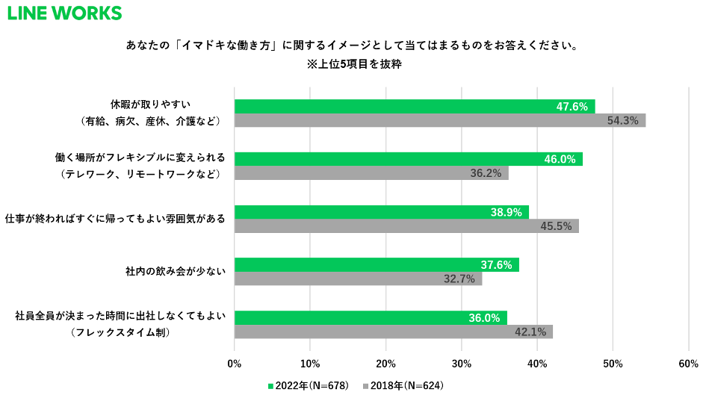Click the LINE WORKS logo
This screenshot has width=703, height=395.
coord(65,13)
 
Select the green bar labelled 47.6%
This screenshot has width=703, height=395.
coord(415,106)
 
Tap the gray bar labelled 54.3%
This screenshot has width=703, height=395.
coord(440,120)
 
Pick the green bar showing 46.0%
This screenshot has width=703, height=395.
coord(409,159)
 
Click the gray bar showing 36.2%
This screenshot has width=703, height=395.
coord(371,173)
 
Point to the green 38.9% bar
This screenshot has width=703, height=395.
coord(382,212)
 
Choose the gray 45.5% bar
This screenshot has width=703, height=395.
coord(406,226)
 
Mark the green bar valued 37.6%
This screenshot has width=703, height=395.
coord(377,265)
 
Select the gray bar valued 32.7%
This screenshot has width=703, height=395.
coord(358,279)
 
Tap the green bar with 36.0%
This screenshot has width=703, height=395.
coord(371,318)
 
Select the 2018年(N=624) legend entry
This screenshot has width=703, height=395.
coord(403,386)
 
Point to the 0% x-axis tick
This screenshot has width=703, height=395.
coord(235,364)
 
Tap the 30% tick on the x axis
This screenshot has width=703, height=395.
coord(461,364)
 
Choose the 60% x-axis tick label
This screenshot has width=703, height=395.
coord(688,364)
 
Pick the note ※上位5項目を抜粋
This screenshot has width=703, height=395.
coord(354,65)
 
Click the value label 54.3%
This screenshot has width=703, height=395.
coord(623,121)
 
